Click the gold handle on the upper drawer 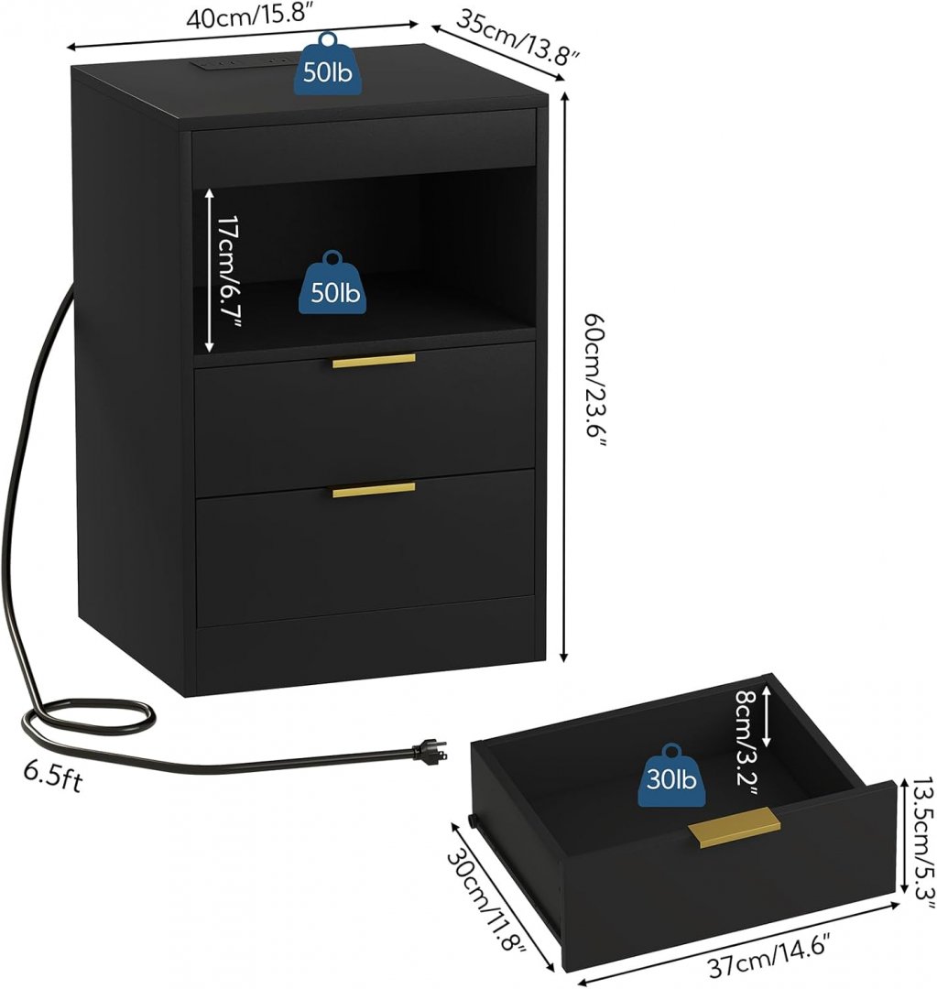(374, 361)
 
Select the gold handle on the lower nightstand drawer (374, 490)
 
